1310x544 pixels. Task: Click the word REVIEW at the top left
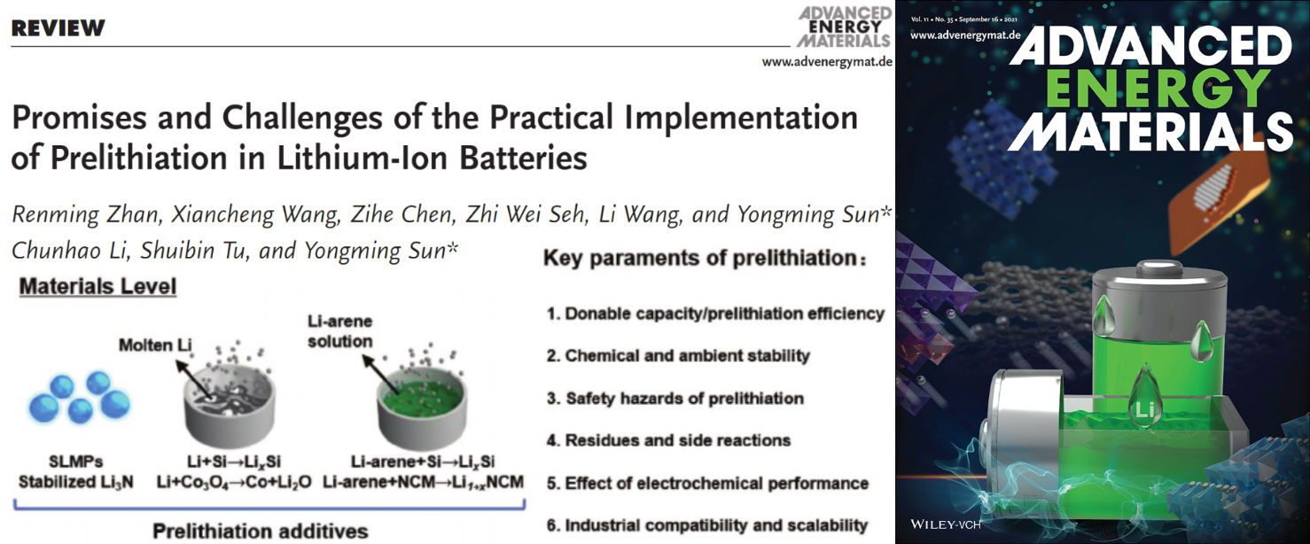click(58, 28)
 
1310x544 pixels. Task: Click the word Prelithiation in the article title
click(138, 158)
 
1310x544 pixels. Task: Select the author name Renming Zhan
click(86, 215)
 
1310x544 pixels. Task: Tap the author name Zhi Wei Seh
click(526, 214)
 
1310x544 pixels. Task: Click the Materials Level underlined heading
click(97, 286)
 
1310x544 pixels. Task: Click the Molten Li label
click(155, 346)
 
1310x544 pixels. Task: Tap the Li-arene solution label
click(339, 331)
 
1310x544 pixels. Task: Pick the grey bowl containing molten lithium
click(230, 409)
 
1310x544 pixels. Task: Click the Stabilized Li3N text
click(76, 482)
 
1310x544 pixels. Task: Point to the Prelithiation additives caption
click(261, 531)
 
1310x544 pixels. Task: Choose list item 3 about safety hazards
click(674, 399)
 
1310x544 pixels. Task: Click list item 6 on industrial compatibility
click(707, 525)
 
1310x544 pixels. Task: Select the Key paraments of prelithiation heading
click(705, 259)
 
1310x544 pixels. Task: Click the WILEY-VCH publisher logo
click(945, 525)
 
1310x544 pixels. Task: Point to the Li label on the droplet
click(1144, 409)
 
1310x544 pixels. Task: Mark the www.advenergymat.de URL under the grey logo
click(827, 61)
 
